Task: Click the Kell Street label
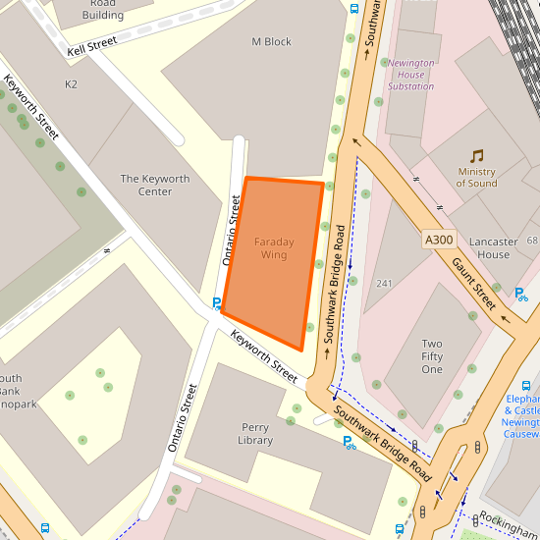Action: pyautogui.click(x=92, y=45)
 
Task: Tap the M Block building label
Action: pyautogui.click(x=271, y=42)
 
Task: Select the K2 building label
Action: pyautogui.click(x=71, y=84)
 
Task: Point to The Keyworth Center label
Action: pyautogui.click(x=155, y=185)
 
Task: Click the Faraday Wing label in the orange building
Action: pyautogui.click(x=274, y=248)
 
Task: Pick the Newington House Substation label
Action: pyautogui.click(x=410, y=75)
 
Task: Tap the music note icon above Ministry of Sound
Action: pyautogui.click(x=476, y=156)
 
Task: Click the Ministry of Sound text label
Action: pyautogui.click(x=476, y=177)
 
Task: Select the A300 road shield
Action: pyautogui.click(x=439, y=240)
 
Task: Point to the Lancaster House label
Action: pyautogui.click(x=494, y=247)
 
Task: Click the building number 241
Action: pyautogui.click(x=384, y=284)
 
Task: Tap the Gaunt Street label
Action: pyautogui.click(x=474, y=282)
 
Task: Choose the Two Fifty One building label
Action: pyautogui.click(x=432, y=356)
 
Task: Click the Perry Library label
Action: pyautogui.click(x=255, y=434)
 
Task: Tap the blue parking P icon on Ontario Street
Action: pyautogui.click(x=217, y=303)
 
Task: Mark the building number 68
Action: pyautogui.click(x=532, y=241)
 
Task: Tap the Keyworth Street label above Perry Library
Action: pyautogui.click(x=264, y=356)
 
